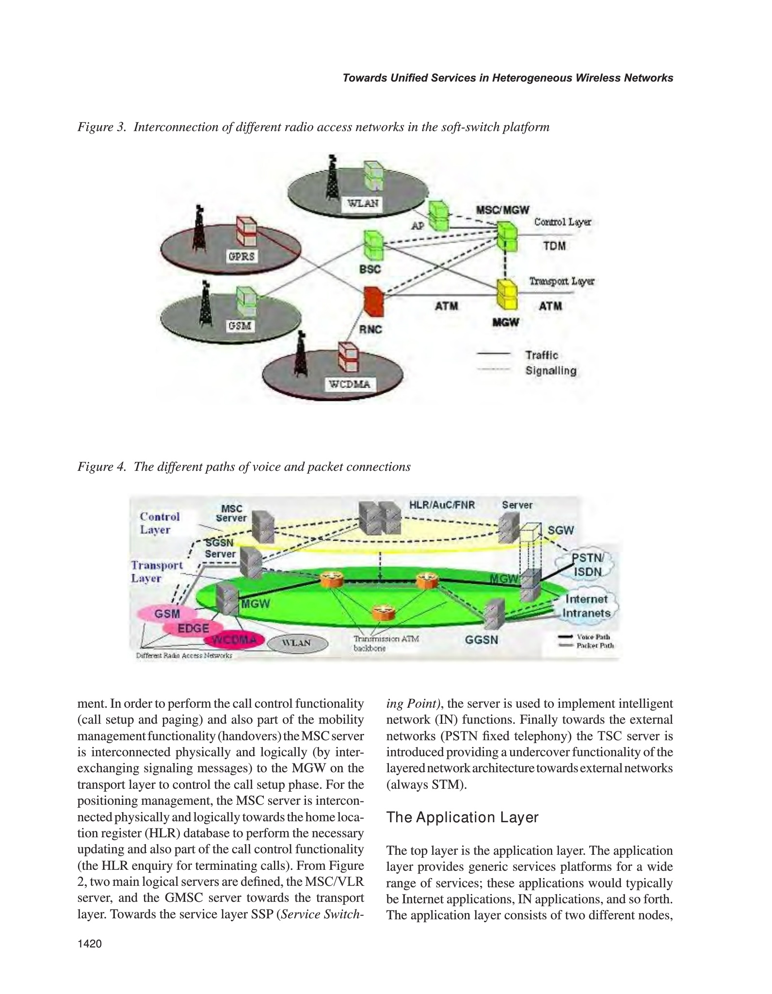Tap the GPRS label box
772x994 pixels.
click(241, 256)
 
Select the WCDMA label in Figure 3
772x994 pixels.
click(350, 384)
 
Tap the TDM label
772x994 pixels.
click(554, 246)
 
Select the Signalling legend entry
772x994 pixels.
click(551, 371)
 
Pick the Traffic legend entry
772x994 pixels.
click(542, 355)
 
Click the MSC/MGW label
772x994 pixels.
click(502, 210)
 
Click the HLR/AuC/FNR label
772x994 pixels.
click(442, 505)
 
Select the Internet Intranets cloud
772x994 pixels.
click(587, 606)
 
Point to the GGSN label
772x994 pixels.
click(482, 640)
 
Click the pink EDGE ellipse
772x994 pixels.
click(193, 628)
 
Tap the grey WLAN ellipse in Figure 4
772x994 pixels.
click(297, 643)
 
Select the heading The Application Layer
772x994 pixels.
click(462, 817)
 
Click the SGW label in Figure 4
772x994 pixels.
click(561, 530)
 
